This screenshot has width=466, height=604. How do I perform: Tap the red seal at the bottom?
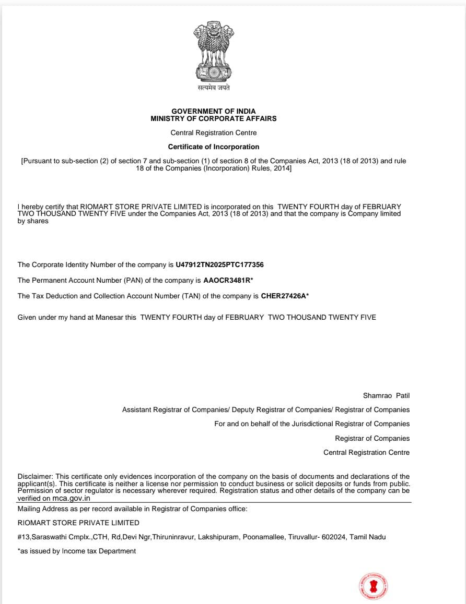[x=374, y=586]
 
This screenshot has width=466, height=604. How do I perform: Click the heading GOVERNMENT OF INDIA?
[x=214, y=111]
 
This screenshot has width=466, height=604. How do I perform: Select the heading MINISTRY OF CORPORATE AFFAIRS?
[x=214, y=118]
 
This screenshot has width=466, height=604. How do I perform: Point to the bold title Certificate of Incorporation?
[x=214, y=147]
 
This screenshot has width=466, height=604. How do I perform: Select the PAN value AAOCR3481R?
[x=227, y=280]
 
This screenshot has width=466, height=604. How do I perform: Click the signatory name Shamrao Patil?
[x=386, y=395]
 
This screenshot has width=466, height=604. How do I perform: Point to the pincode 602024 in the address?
[x=333, y=537]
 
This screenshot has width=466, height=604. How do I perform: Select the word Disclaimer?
[x=35, y=477]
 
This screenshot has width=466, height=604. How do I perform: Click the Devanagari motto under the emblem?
[x=213, y=88]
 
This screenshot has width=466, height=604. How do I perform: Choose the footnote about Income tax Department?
[x=77, y=551]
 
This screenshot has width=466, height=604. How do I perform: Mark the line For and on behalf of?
[x=312, y=424]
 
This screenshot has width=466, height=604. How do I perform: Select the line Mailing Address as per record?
[x=132, y=509]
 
